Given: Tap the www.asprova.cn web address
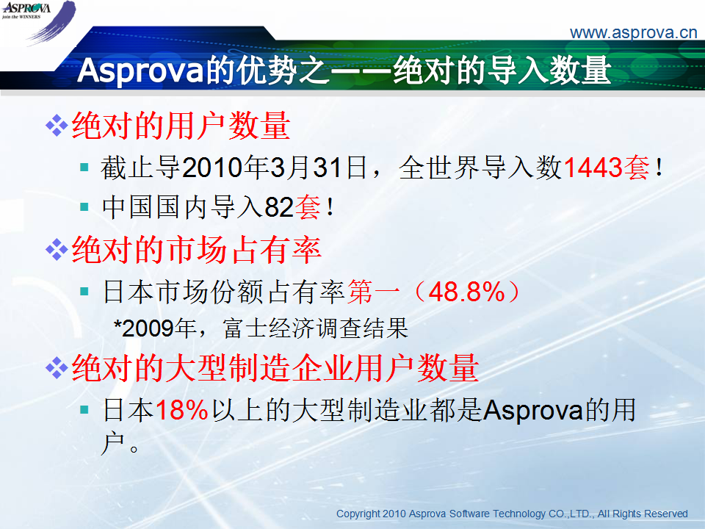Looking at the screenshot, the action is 633,33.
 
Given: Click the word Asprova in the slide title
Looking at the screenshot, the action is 140,71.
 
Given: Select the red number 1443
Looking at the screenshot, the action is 592,168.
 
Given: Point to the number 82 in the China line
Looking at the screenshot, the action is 279,207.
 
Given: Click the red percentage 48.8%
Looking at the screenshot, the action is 467,292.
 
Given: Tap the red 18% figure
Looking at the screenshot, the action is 182,410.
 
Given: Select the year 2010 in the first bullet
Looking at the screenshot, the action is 212,168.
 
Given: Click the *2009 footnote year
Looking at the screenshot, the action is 144,328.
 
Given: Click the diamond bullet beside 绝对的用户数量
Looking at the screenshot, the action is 57,126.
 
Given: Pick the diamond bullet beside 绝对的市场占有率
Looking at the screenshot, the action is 57,250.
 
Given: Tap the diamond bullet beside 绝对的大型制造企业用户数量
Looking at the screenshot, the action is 57,368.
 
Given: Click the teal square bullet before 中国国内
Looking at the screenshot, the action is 84,206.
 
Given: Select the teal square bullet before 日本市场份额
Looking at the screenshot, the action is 84,291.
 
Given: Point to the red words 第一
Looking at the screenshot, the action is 374,292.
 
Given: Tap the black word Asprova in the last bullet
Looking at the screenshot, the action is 533,410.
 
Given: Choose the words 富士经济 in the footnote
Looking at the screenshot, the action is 269,328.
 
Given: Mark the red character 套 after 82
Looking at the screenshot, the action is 308,207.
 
